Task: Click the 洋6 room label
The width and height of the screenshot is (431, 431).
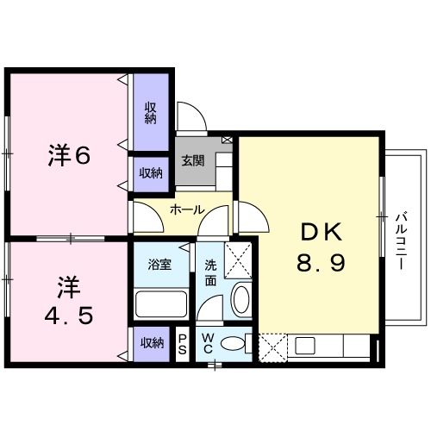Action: pyautogui.click(x=69, y=156)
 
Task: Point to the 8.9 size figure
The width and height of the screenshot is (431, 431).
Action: pyautogui.click(x=322, y=263)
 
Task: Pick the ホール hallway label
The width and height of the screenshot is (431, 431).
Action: pyautogui.click(x=186, y=209)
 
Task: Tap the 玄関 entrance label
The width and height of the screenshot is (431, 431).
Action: pyautogui.click(x=192, y=160)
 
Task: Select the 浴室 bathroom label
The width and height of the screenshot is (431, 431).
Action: pyautogui.click(x=159, y=264)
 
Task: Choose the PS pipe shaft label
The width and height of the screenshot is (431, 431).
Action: pyautogui.click(x=183, y=344)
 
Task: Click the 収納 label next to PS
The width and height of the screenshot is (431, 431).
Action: pyautogui.click(x=152, y=343)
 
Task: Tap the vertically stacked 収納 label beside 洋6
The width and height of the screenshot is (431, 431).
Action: pyautogui.click(x=150, y=112)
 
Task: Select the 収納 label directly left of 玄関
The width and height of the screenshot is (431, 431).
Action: pyautogui.click(x=151, y=172)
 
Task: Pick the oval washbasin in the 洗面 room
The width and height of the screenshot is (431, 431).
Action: pyautogui.click(x=240, y=300)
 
